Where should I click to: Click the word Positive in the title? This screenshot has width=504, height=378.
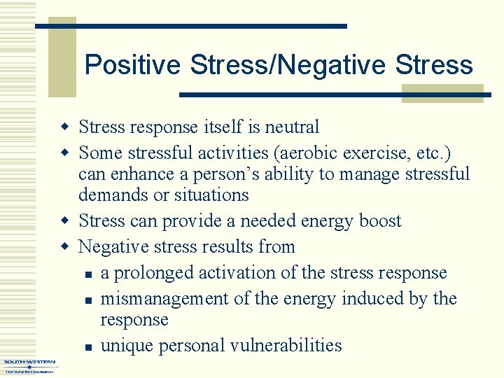click(133, 65)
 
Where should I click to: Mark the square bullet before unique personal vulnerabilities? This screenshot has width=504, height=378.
click(83, 346)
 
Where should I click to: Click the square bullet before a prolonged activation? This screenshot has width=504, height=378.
click(83, 274)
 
